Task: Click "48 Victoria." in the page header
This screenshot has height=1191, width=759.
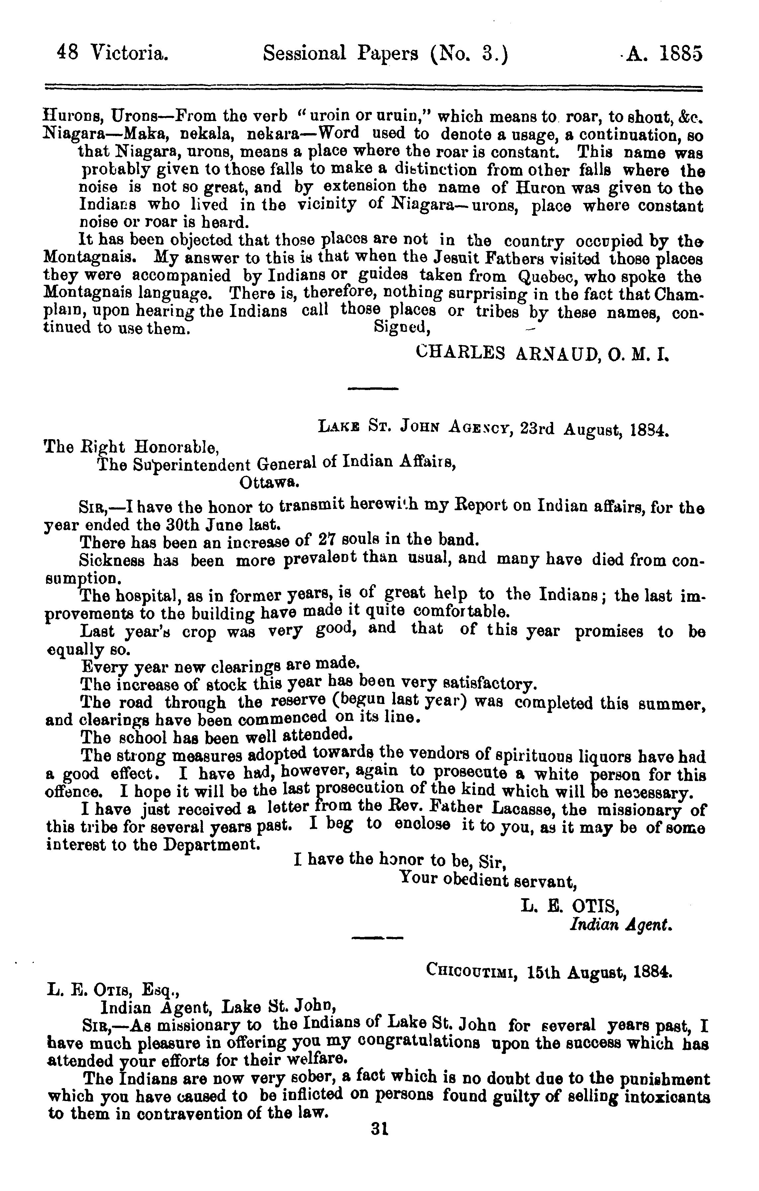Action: click(113, 53)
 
